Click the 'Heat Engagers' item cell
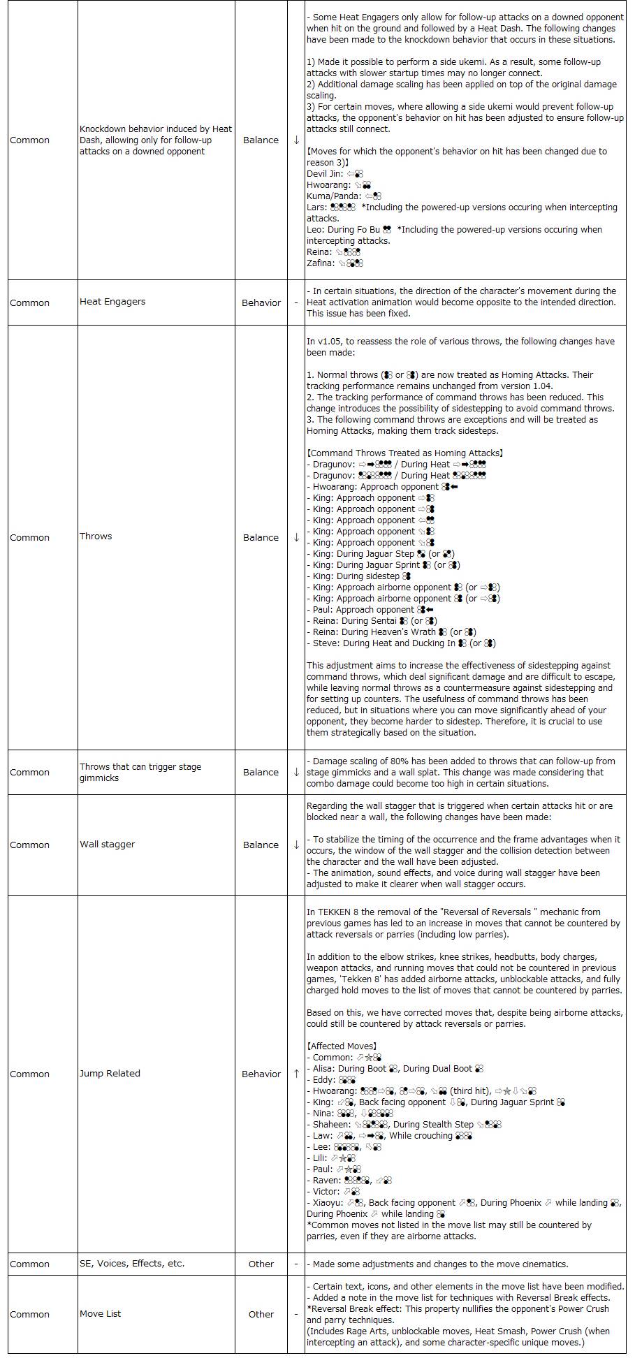[x=112, y=302]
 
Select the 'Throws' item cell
[x=96, y=536]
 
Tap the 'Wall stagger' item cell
[x=107, y=844]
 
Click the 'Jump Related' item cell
[x=110, y=1073]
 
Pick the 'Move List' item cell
[x=100, y=1313]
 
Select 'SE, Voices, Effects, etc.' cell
[x=132, y=1263]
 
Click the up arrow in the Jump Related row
[x=296, y=1073]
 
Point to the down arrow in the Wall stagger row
[x=296, y=844]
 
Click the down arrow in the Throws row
[x=296, y=536]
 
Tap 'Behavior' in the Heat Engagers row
[x=261, y=302]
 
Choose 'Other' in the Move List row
[x=261, y=1314]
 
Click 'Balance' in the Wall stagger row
[x=261, y=845]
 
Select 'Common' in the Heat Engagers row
[x=29, y=302]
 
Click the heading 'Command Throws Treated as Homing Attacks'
[x=404, y=453]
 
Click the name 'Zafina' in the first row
[x=320, y=263]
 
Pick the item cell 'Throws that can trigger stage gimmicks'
[x=140, y=772]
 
